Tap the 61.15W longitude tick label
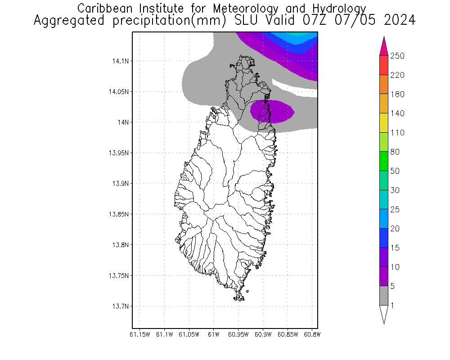pyautogui.click(x=139, y=334)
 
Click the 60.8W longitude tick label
pyautogui.click(x=312, y=334)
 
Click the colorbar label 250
pyautogui.click(x=398, y=56)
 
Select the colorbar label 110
pyautogui.click(x=398, y=133)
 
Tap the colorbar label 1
pyautogui.click(x=392, y=306)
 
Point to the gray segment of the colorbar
pyautogui.click(x=384, y=296)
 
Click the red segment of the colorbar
pyautogui.click(x=384, y=65)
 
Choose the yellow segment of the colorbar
pyautogui.click(x=384, y=123)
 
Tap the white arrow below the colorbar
pyautogui.click(x=384, y=314)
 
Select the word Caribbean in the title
pyautogui.click(x=102, y=9)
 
